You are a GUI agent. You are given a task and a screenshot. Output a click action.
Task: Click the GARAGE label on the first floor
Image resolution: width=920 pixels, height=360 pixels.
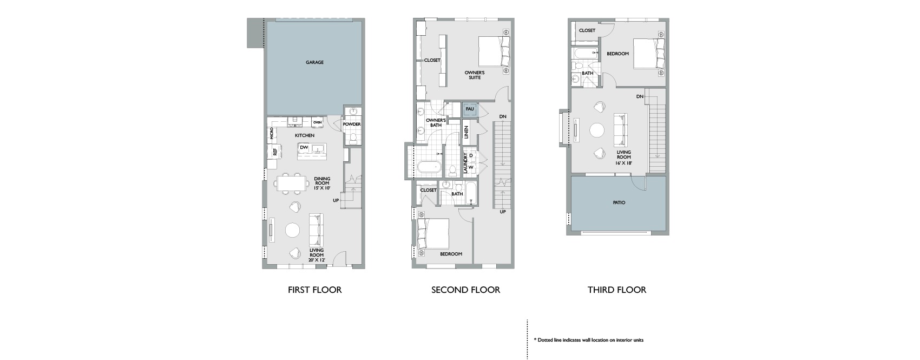[314, 62]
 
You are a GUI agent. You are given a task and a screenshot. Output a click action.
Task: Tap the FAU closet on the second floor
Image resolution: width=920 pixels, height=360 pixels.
[470, 110]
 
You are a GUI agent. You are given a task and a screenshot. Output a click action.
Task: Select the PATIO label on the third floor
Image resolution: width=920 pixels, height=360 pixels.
[619, 202]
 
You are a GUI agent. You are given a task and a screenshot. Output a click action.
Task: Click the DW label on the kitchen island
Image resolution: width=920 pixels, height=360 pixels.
[304, 148]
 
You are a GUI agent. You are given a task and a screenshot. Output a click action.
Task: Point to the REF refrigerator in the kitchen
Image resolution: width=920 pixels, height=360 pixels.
[275, 152]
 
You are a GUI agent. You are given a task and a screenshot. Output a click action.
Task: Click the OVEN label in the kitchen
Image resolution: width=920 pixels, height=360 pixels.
[317, 122]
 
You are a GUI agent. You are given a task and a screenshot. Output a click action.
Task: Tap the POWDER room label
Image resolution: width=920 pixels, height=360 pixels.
[352, 124]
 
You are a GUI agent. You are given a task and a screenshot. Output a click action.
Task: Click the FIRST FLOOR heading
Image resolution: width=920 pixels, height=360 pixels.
[314, 290]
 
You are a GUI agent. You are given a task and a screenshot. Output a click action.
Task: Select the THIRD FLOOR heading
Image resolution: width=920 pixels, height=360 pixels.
[617, 290]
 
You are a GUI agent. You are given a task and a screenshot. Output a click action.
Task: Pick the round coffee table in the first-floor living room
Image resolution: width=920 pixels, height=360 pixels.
[293, 230]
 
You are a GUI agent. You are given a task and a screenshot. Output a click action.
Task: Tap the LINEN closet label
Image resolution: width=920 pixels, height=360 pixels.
[466, 132]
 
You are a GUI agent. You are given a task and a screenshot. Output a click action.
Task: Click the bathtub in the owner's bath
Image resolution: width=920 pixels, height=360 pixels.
[430, 168]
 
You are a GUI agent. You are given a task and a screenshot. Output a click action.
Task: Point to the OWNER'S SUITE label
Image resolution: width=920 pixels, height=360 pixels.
[475, 75]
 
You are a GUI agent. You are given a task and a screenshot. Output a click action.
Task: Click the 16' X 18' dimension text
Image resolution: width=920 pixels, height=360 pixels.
[623, 163]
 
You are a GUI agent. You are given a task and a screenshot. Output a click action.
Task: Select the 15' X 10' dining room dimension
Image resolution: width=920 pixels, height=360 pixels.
[322, 188]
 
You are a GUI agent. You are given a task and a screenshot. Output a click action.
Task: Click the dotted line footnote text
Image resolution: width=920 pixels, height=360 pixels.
[589, 341]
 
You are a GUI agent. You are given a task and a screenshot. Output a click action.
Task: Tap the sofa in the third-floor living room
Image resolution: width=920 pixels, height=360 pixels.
[621, 130]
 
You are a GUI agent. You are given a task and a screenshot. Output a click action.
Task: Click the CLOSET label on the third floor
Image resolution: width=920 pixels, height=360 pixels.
[587, 30]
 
